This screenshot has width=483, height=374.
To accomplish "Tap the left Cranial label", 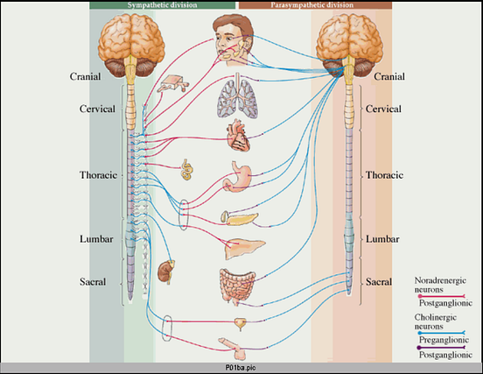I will point(89,77).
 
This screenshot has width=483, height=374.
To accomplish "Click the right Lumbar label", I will point(381,238).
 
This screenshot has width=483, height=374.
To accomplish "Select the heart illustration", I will point(237,137).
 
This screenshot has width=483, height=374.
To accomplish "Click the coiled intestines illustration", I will point(238,286).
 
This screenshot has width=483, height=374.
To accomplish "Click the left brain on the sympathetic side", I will point(129,43).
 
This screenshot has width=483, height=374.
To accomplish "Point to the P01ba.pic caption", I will point(241,368).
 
